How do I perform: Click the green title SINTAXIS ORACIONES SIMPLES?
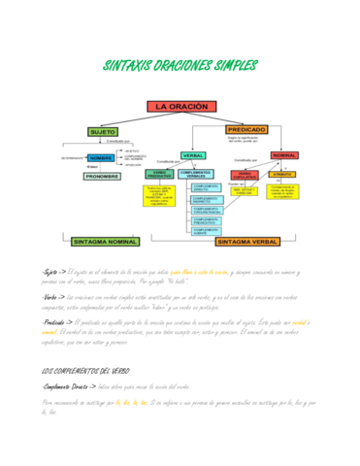tap(180, 66)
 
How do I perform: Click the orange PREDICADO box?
tap(246, 129)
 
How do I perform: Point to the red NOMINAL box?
tap(283, 154)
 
